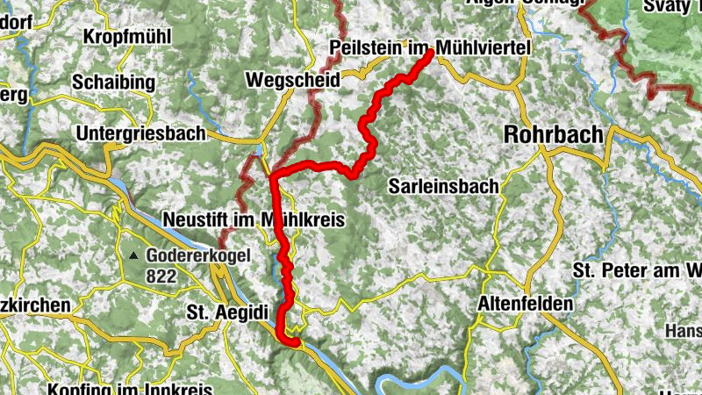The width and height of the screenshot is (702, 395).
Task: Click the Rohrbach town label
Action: (x=554, y=134)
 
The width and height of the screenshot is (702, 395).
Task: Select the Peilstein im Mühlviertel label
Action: (x=430, y=46)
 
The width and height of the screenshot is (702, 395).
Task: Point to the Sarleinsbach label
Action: (x=444, y=186)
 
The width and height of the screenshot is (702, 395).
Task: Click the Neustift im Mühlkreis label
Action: (x=252, y=219)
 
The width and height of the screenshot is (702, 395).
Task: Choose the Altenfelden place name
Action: (x=526, y=304)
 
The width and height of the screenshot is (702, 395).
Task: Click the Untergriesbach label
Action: (x=140, y=133)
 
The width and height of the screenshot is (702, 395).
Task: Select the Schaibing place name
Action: (x=114, y=83)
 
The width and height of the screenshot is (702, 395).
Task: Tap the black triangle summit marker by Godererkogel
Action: (x=133, y=256)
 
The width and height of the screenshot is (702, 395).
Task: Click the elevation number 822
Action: (x=162, y=276)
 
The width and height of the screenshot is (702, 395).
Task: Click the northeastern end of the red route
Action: (x=431, y=54)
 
